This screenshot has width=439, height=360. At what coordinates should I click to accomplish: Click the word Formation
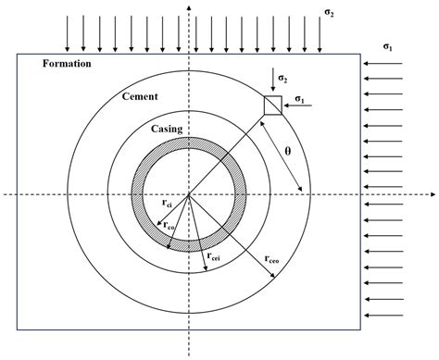[x=67, y=64]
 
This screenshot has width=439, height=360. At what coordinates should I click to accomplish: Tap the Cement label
[x=140, y=96]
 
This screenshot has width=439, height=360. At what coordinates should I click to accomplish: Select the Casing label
[x=167, y=129]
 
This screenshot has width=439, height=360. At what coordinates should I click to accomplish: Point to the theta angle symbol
[x=288, y=151]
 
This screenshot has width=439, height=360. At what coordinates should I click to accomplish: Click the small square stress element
[x=273, y=106]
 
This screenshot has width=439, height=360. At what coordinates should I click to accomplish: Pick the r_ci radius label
[x=167, y=204]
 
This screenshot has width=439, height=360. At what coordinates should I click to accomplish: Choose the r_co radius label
[x=169, y=226]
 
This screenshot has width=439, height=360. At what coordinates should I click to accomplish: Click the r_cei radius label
[x=213, y=256]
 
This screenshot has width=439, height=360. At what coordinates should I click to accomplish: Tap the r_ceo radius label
[x=271, y=259]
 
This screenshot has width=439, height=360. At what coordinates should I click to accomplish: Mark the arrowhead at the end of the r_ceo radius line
[x=273, y=277]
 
